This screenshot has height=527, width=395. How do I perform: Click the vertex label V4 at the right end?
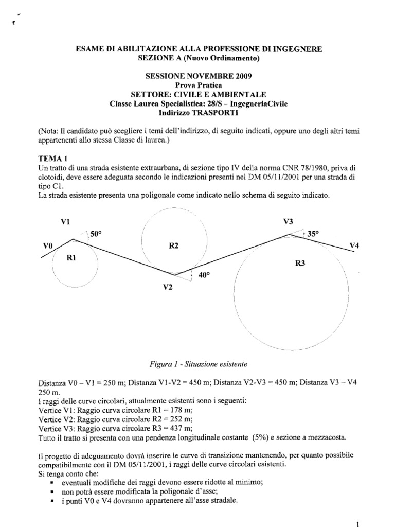click(354, 245)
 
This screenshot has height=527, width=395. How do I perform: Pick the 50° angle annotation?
click(96, 234)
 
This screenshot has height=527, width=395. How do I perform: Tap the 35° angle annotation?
click(313, 233)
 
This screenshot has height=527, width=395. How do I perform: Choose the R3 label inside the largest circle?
click(301, 263)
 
